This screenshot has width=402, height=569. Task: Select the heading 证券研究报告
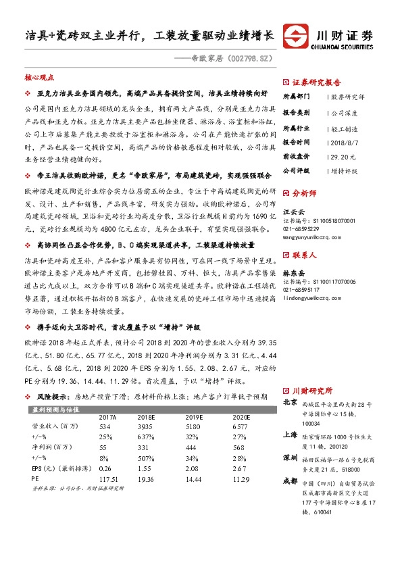pyautogui.click(x=317, y=80)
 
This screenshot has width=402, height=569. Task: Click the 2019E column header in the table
pyautogui.click(x=195, y=418)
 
